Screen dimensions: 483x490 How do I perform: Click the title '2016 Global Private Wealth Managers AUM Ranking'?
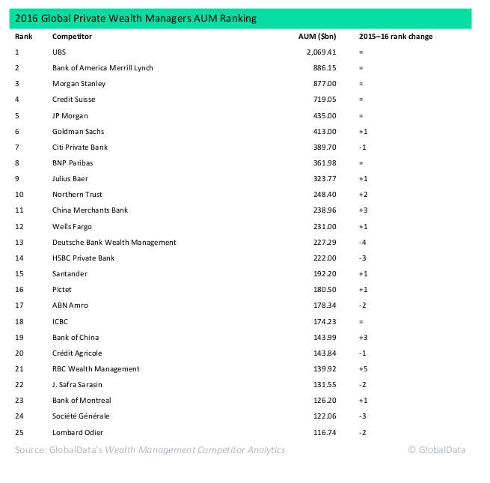point(139,19)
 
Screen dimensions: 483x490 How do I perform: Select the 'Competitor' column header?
point(71,36)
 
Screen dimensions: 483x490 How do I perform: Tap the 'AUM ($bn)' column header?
point(316,36)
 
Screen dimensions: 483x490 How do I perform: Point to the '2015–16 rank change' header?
point(395,36)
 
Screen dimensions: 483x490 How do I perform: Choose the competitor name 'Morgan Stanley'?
point(79,84)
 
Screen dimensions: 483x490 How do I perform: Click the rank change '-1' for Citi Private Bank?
point(363,147)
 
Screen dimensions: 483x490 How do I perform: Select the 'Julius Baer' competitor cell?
point(71,179)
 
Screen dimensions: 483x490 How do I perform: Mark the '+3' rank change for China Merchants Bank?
point(363,210)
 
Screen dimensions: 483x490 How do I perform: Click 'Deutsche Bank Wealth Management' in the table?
point(114,242)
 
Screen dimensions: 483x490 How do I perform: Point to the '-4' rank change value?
point(363,242)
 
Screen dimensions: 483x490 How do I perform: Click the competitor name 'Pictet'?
point(62,290)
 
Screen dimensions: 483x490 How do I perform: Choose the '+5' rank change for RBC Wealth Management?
point(363,368)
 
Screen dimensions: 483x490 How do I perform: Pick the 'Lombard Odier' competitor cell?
point(78,432)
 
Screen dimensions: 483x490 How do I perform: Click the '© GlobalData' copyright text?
point(436,450)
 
